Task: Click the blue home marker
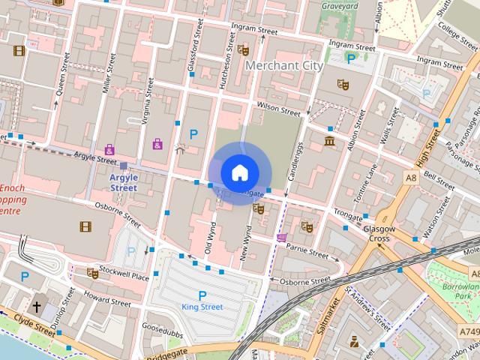coord(239,172)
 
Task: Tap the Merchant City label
coord(284,66)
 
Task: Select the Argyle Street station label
coord(124,182)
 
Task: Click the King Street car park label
coord(202,307)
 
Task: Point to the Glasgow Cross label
coord(378,233)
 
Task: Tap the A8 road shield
coord(411,178)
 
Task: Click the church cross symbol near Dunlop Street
coord(37,307)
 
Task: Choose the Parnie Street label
coord(307,249)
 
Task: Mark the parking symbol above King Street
coord(201,295)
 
